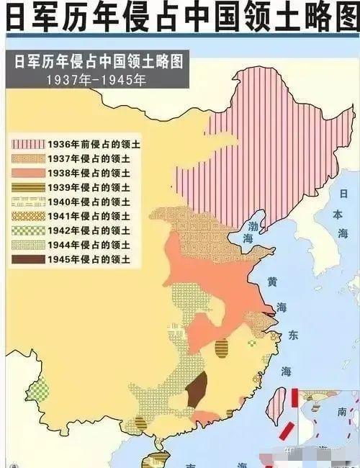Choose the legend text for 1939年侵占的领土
click(x=89, y=188)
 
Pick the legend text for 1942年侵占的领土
click(x=89, y=231)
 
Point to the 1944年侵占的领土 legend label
click(x=89, y=246)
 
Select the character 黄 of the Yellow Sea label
click(x=272, y=280)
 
